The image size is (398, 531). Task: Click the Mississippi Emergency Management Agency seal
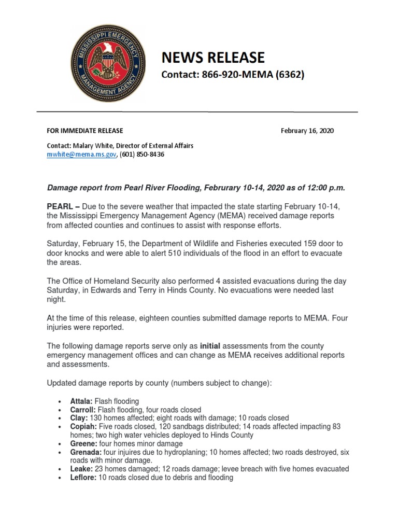108,64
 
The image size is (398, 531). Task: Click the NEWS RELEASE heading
213,57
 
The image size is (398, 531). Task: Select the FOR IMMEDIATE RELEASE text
85,131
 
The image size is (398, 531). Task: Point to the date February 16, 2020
307,131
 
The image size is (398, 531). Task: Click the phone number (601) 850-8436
142,155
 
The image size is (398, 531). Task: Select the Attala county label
81,401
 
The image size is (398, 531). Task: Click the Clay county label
79,418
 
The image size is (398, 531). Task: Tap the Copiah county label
83,427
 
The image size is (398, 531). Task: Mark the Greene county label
82,444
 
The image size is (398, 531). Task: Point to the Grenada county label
84,452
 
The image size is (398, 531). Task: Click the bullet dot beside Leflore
61,478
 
